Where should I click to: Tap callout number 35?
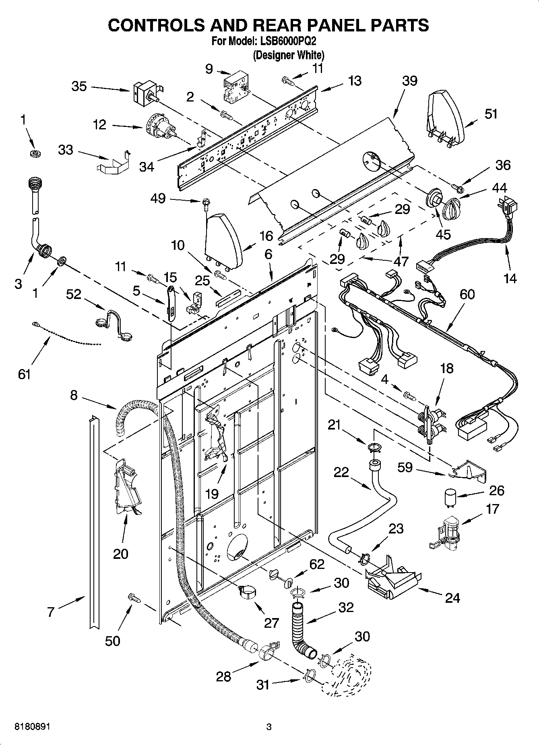[79, 86]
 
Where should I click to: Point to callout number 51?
[491, 114]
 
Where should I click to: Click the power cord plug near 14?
[508, 207]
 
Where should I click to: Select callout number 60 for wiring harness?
[467, 295]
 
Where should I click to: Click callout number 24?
[452, 598]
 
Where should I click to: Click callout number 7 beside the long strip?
[51, 612]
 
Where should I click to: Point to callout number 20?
[120, 554]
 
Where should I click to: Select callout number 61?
[24, 374]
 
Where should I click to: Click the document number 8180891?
[32, 727]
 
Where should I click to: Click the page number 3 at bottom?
[269, 727]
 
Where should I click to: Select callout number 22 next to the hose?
[341, 472]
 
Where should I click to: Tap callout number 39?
[409, 81]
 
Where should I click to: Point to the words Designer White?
[288, 55]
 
